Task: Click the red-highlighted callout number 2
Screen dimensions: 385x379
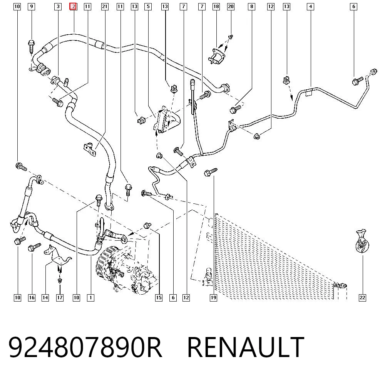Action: (x=74, y=7)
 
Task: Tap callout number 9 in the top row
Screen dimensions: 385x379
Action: (x=32, y=7)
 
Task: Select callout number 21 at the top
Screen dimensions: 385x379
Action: (x=105, y=7)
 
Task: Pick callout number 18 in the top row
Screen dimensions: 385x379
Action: (x=216, y=7)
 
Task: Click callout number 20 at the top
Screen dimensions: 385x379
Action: (x=231, y=7)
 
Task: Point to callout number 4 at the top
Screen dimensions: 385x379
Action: (x=311, y=7)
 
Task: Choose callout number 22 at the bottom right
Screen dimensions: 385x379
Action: (x=362, y=298)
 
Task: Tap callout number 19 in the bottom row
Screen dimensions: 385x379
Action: (x=214, y=298)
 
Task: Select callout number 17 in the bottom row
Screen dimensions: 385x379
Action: (x=60, y=298)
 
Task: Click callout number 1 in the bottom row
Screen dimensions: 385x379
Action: (x=90, y=298)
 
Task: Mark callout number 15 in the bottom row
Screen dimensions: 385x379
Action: (x=159, y=298)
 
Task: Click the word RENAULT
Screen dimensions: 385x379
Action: (x=246, y=347)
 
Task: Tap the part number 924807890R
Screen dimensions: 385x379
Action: (x=85, y=347)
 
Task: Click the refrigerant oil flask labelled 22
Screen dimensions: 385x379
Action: (x=362, y=241)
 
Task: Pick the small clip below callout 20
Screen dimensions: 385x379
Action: (x=231, y=37)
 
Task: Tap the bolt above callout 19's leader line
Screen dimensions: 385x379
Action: (x=211, y=172)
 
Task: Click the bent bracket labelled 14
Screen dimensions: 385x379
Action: (x=57, y=255)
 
